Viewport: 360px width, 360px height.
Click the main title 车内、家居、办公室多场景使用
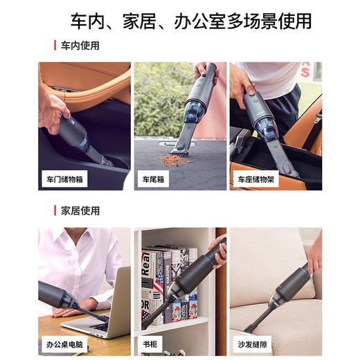[181, 21]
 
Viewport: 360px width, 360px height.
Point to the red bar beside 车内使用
[55, 46]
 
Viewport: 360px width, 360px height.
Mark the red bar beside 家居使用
[55, 210]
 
